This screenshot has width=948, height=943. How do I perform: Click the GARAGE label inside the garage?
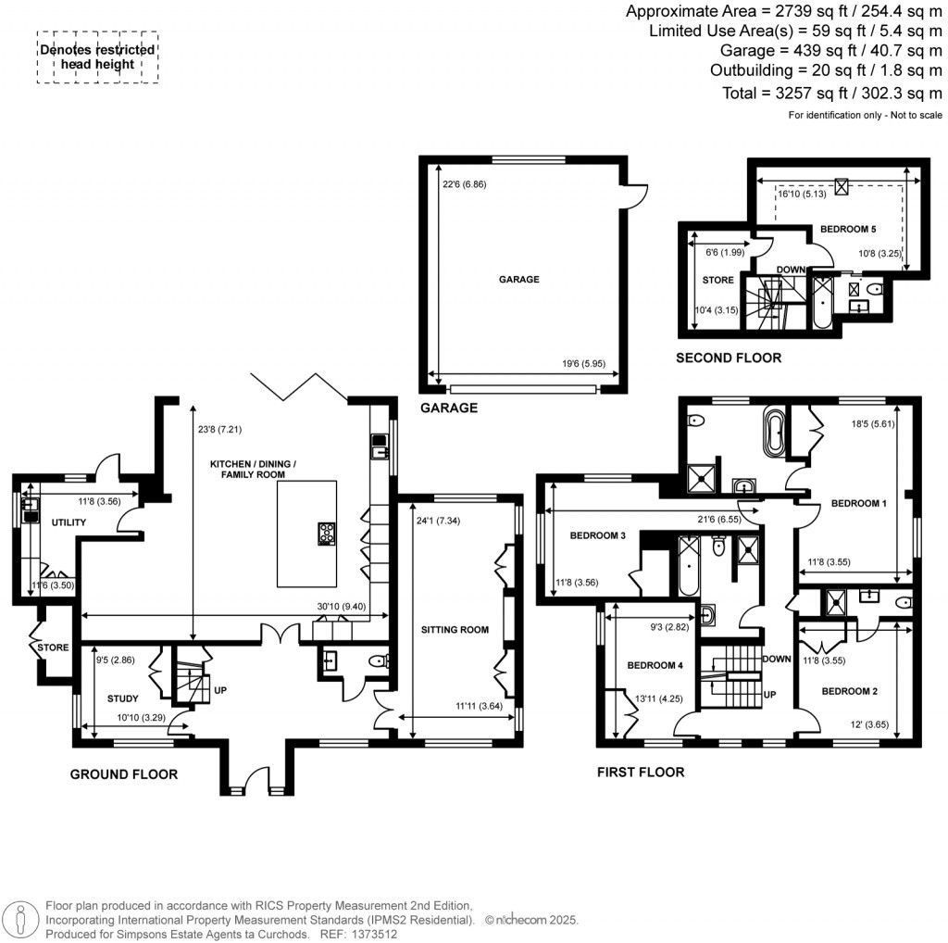tap(519, 279)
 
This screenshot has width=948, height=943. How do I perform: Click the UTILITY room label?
tap(69, 522)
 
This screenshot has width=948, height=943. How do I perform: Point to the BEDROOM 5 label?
tap(848, 228)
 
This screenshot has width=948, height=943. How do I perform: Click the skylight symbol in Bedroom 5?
tap(841, 186)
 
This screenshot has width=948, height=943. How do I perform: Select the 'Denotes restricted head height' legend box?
tap(97, 57)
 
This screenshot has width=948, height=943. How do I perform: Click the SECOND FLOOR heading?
tap(728, 358)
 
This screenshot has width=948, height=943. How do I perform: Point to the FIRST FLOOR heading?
tap(642, 772)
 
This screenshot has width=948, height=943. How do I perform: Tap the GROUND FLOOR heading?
tap(124, 773)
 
